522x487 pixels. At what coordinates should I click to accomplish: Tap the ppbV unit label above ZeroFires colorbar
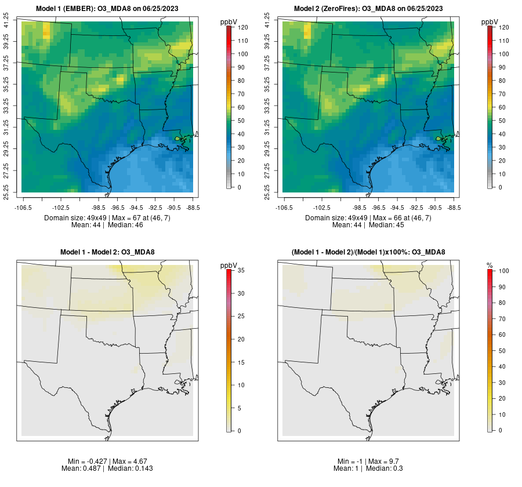tap(490, 21)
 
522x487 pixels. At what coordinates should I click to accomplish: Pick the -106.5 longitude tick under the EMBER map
tap(22, 207)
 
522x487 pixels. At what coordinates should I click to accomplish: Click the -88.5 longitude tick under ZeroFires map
tap(453, 207)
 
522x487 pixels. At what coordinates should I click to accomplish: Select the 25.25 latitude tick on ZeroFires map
tap(268, 192)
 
